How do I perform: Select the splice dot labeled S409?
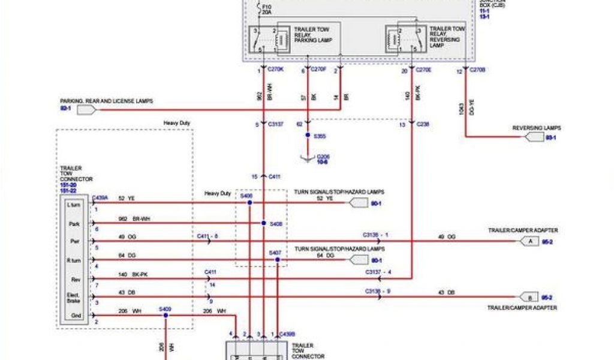[x=165, y=316]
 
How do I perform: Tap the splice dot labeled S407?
[x=277, y=260]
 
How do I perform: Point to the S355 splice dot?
[x=308, y=136]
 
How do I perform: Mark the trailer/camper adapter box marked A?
[x=529, y=241]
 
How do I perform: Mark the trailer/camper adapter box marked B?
[x=529, y=297]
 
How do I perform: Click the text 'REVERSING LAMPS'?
[x=536, y=128]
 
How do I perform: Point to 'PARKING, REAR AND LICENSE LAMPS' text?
[x=106, y=101]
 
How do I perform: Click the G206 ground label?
[x=323, y=157]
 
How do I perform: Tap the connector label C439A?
[x=99, y=197]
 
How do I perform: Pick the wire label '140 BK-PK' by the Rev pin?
[x=132, y=274]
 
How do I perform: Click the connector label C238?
[x=422, y=125]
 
